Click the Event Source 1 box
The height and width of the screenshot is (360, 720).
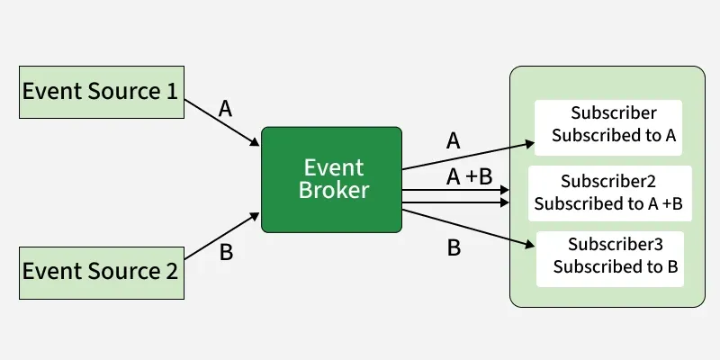101,92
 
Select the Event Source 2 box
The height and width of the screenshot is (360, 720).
101,271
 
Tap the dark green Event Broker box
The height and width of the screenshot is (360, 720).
331,179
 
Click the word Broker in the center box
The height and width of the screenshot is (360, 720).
333,191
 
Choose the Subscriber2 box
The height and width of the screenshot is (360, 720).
609,193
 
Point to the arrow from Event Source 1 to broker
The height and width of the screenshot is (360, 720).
222,123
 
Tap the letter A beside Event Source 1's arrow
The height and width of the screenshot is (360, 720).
225,109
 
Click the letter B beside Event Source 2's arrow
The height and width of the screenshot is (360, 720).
226,253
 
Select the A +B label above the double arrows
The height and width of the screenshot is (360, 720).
469,177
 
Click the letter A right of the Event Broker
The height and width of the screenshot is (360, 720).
453,140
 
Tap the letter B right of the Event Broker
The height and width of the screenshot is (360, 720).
454,247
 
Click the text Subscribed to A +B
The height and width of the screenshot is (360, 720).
608,203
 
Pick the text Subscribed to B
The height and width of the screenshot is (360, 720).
616,266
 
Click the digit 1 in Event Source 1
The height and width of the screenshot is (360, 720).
171,92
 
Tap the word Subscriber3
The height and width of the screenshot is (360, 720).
616,244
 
